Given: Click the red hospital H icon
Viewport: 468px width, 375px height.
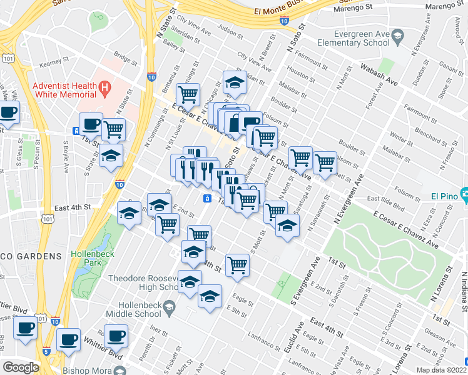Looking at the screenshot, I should tap(105, 89).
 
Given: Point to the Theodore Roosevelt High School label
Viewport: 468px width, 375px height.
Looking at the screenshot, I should tap(144, 282).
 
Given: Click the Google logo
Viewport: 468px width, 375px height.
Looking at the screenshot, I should tap(21, 367).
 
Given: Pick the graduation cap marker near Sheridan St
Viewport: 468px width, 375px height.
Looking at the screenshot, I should tap(235, 84).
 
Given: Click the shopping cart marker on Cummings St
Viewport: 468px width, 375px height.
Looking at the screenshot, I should tap(188, 95).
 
